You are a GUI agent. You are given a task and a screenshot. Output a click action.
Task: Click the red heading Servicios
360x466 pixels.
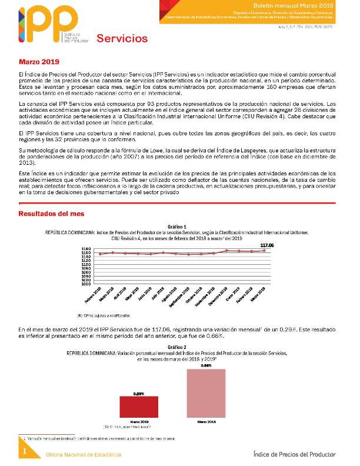tap(122, 39)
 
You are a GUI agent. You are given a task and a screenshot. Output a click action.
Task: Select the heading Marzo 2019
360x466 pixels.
tap(39, 61)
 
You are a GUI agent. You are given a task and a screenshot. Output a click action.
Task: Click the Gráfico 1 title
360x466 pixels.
tap(177, 226)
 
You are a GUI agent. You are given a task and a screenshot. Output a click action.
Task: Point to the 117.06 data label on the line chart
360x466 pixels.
tap(268, 244)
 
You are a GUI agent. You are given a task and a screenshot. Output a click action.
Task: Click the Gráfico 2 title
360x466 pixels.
tap(177, 347)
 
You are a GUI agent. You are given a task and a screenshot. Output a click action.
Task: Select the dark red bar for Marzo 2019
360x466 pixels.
tap(139, 407)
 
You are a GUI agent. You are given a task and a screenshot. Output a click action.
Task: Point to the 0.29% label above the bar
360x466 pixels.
tap(139, 393)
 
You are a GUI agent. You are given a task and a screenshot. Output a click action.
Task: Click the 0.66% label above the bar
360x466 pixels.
tap(206, 365)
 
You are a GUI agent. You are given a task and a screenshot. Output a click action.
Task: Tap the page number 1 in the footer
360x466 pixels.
tap(25, 451)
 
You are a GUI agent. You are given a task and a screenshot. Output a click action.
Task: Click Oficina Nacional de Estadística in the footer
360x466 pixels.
tap(84, 455)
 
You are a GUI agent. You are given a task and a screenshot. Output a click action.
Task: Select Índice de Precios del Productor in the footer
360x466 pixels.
tap(294, 454)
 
